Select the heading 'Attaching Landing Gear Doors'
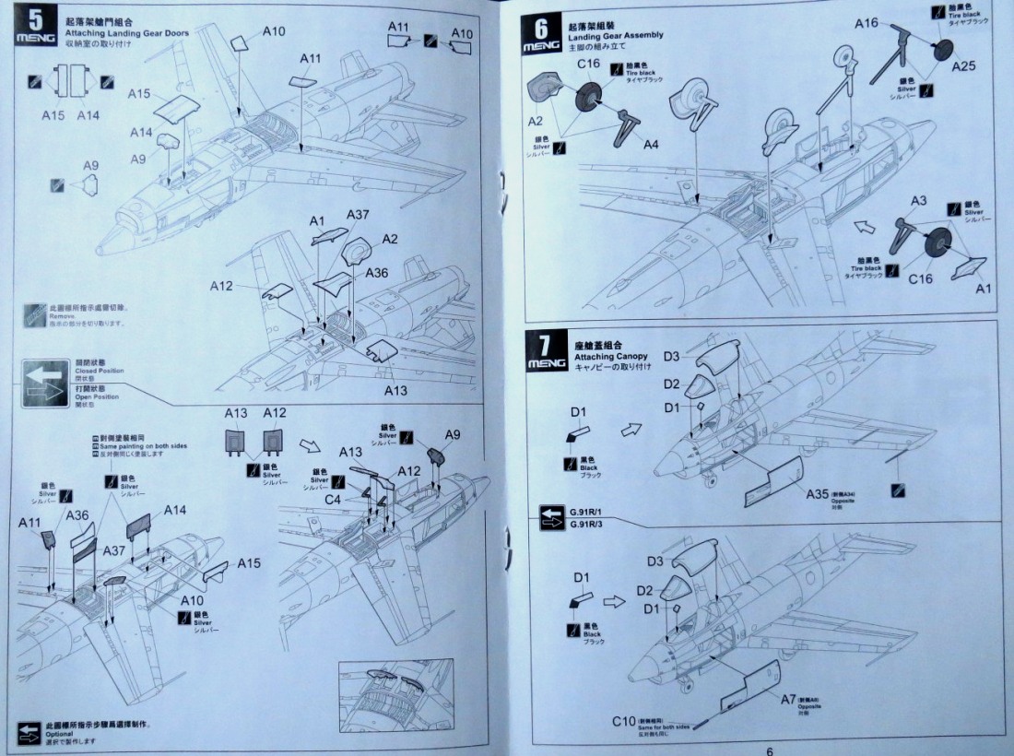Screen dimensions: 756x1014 (x=126, y=33)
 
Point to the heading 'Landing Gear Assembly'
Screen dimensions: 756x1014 (x=617, y=34)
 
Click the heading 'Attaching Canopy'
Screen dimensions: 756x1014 (x=610, y=356)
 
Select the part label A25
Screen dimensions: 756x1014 (x=963, y=65)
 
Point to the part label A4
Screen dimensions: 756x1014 (x=651, y=145)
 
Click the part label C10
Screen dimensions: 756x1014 (x=624, y=721)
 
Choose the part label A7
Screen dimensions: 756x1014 (x=788, y=700)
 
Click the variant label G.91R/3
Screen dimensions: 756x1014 (x=587, y=525)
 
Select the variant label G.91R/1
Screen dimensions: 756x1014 (x=587, y=513)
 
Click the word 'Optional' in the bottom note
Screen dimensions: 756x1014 (x=61, y=733)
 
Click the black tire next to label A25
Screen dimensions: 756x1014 (x=942, y=49)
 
